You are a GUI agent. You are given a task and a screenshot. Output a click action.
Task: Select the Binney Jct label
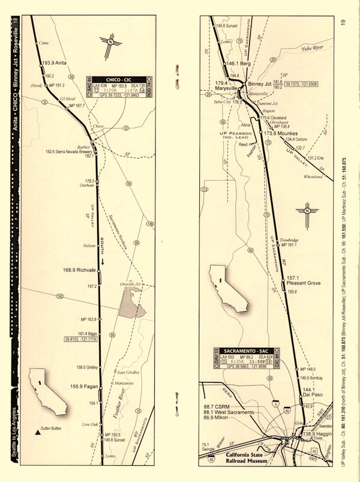tap(260, 85)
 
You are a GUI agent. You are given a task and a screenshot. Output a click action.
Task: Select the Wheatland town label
tap(313, 177)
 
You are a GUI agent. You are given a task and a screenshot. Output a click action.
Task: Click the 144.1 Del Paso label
tap(311, 393)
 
